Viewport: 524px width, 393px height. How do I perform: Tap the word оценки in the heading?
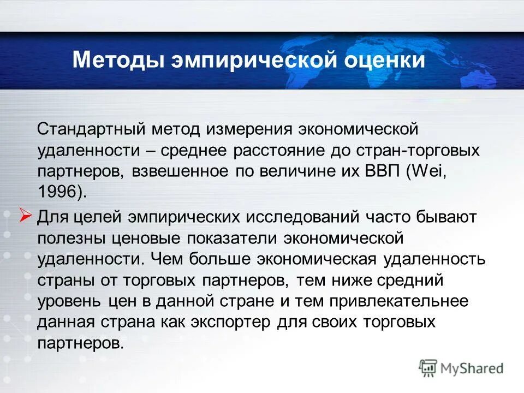coord(384,59)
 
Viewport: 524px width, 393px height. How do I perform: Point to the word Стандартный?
coord(91,130)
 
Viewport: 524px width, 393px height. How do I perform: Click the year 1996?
coord(57,192)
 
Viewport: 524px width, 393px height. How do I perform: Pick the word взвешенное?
coord(180,171)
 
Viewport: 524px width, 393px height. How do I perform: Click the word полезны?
coord(73,238)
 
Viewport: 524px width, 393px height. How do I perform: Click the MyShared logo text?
coord(472,368)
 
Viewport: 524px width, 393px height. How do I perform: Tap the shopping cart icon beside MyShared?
coord(428,368)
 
